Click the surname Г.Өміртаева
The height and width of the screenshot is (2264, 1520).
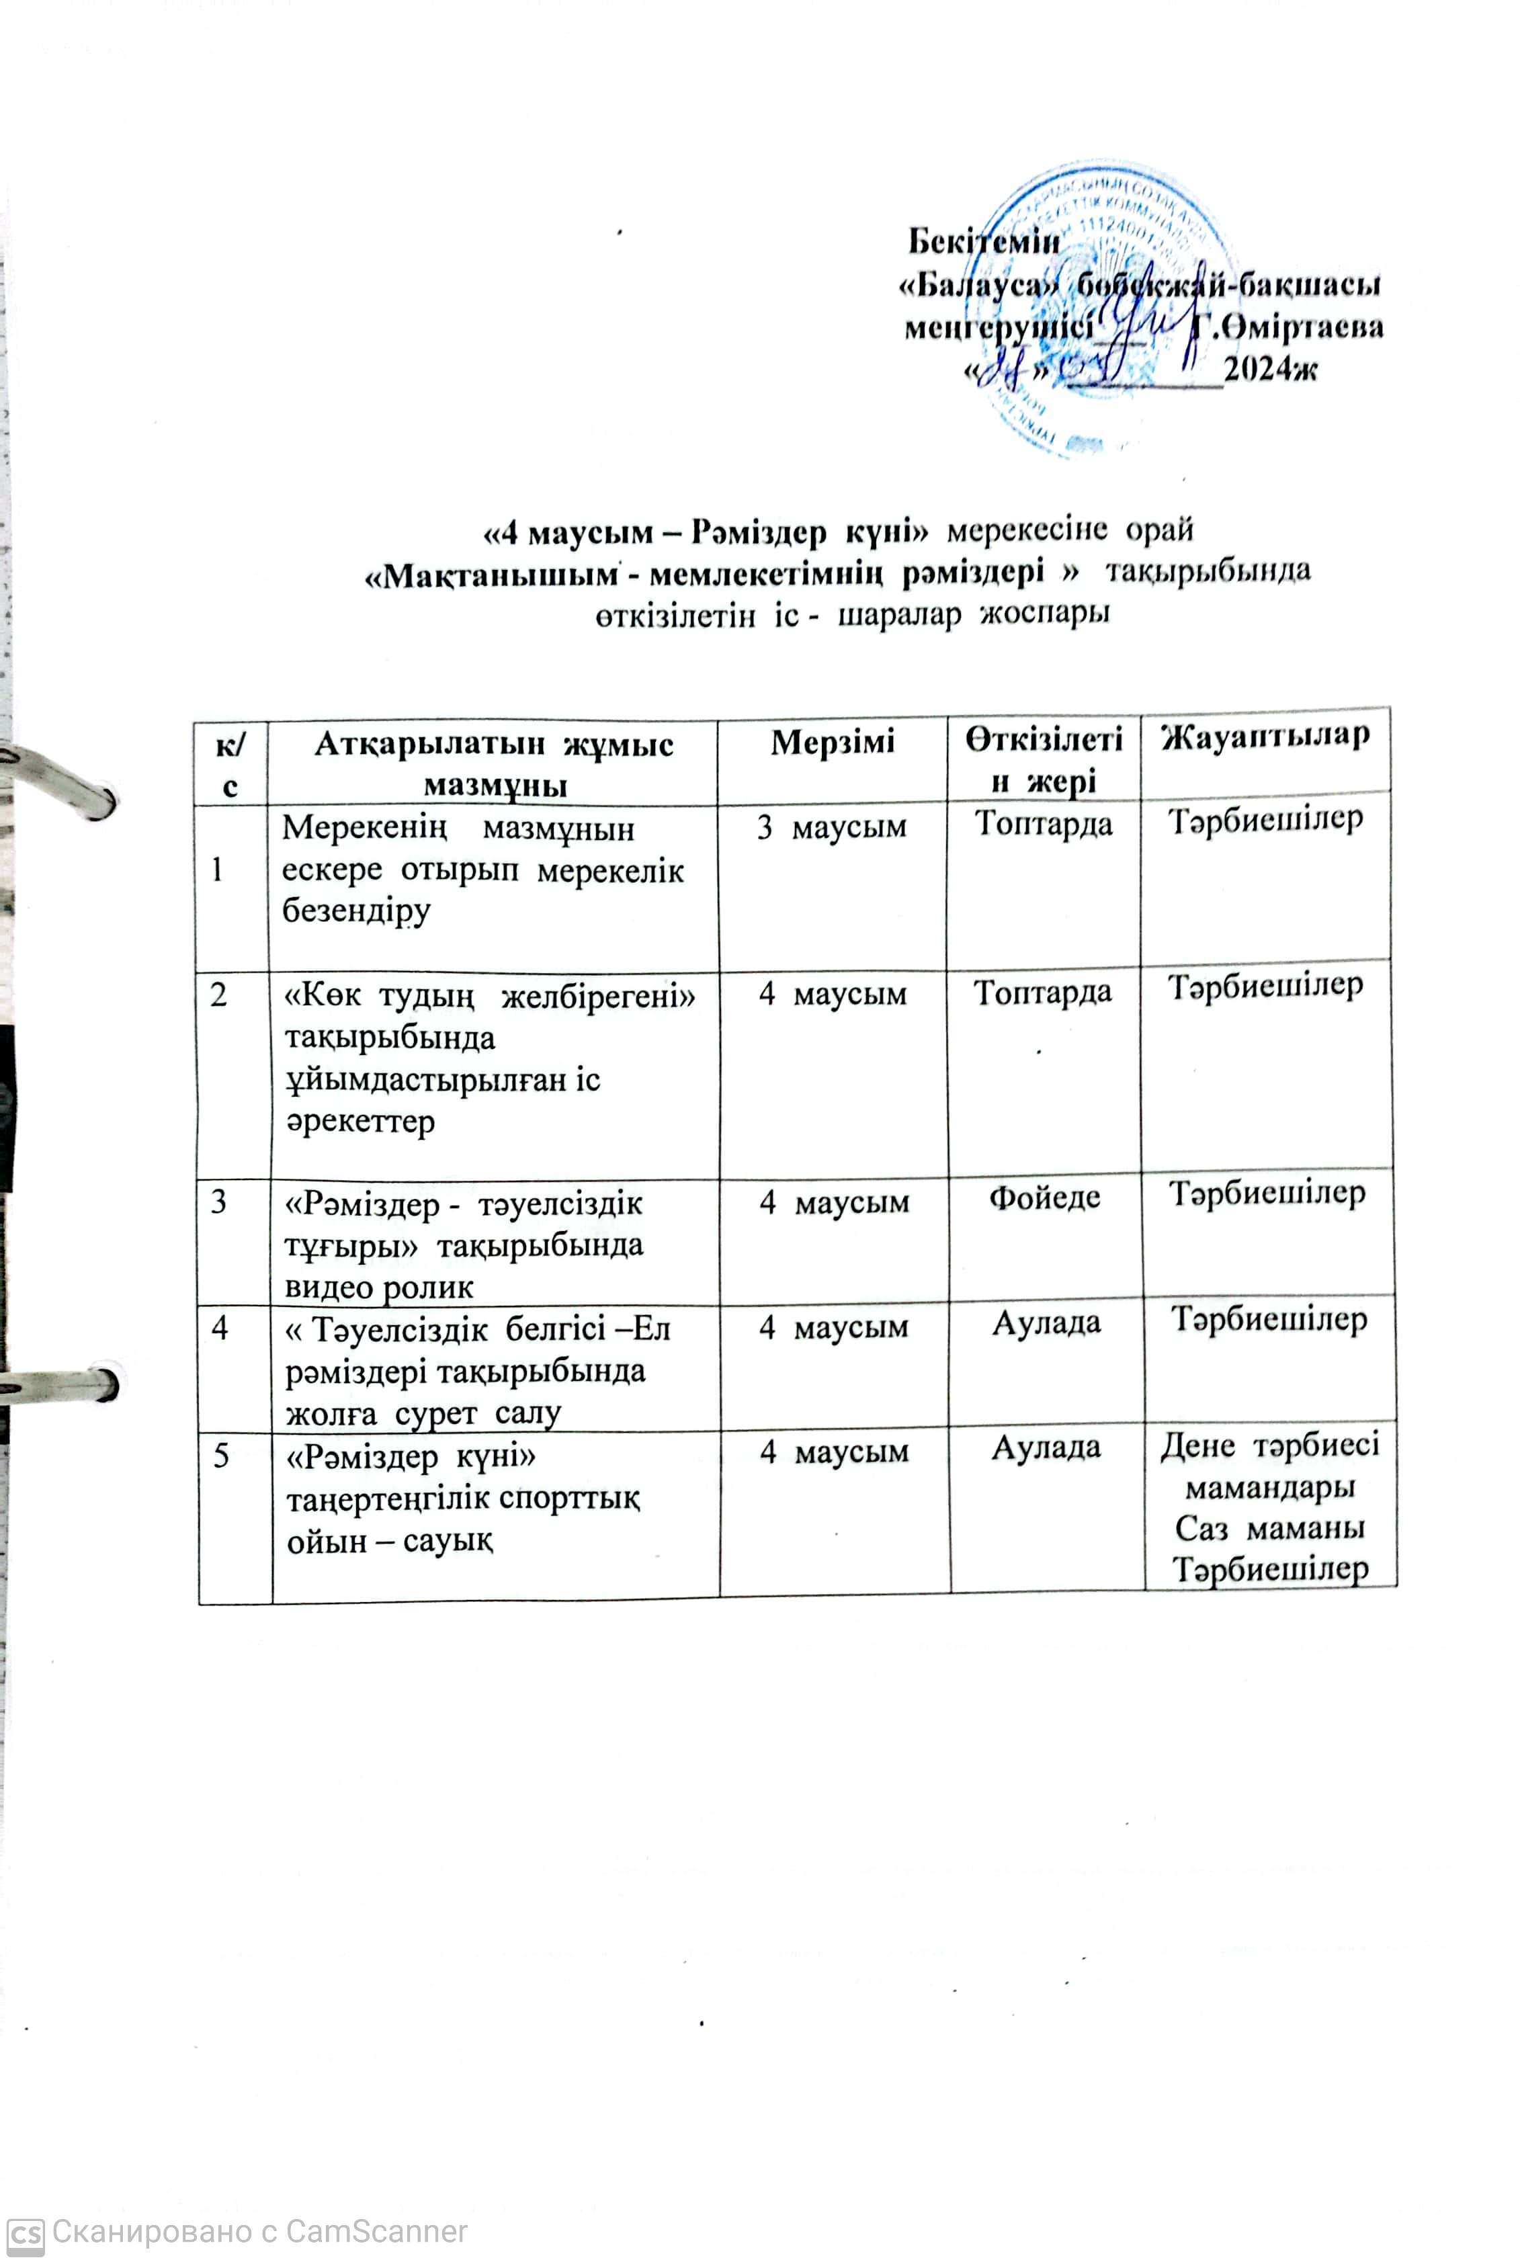click(x=1287, y=327)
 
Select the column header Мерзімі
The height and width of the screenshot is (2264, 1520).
click(x=832, y=743)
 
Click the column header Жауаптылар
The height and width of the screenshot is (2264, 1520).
click(x=1265, y=737)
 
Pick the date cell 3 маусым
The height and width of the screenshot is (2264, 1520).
click(x=832, y=827)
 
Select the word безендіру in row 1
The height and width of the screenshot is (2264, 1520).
click(x=355, y=911)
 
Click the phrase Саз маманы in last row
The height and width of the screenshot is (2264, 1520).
click(x=1270, y=1528)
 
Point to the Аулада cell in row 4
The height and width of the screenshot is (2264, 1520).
click(x=1046, y=1323)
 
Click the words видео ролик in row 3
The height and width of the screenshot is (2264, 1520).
click(x=379, y=1287)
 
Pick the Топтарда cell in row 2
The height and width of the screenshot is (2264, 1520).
click(x=1042, y=993)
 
